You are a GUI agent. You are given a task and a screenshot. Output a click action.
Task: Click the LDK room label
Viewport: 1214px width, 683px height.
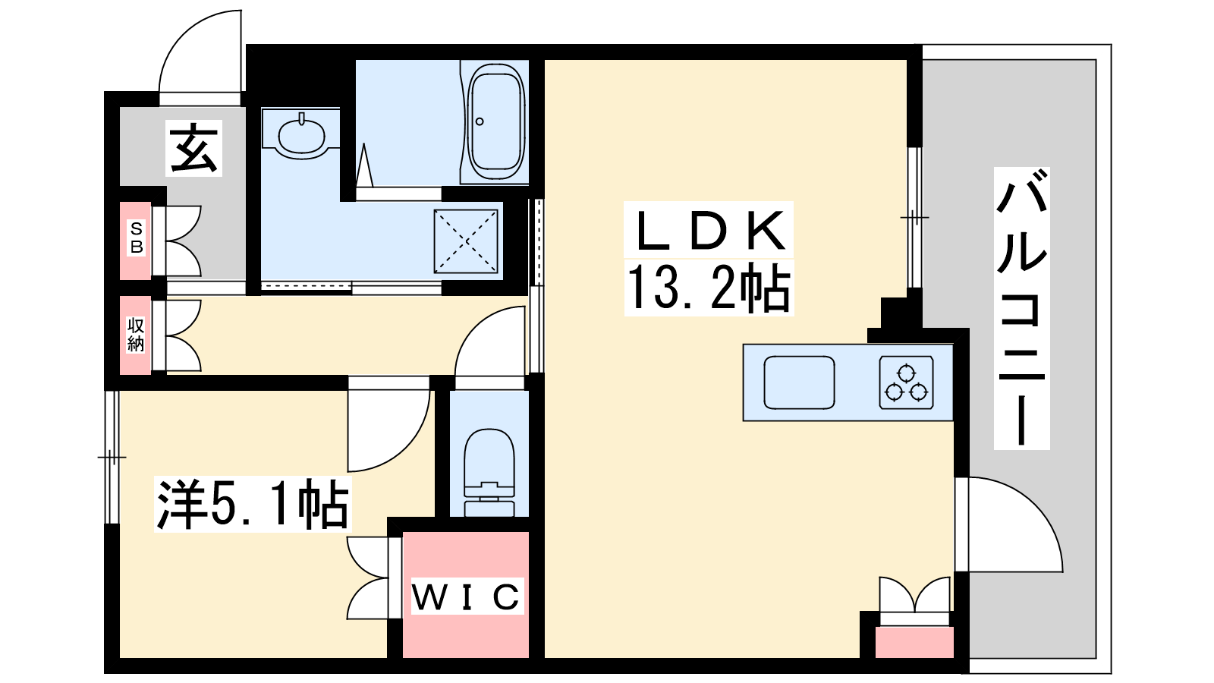click(709, 231)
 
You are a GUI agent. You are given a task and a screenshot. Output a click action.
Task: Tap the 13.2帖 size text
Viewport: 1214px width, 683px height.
click(709, 288)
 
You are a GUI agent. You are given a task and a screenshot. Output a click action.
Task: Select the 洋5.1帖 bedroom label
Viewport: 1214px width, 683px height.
click(253, 504)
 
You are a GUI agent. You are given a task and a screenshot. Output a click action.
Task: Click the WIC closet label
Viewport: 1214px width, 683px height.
click(467, 596)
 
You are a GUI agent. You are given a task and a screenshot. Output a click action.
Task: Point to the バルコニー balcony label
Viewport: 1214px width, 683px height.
click(1021, 308)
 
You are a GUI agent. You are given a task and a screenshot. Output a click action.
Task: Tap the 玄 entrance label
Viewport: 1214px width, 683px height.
click(193, 148)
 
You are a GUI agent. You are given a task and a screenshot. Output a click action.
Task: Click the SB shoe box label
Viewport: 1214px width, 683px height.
click(137, 238)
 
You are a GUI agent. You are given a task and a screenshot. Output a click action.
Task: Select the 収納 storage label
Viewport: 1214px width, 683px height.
click(136, 335)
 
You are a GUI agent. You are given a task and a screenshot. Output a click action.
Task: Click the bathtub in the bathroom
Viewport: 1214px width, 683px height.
click(496, 122)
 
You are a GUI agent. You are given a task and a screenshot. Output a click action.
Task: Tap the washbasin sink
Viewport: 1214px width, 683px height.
click(301, 134)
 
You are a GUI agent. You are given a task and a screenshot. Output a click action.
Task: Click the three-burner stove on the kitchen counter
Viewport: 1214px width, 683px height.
click(906, 382)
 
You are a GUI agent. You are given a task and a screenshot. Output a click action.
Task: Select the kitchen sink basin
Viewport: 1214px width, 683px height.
click(799, 382)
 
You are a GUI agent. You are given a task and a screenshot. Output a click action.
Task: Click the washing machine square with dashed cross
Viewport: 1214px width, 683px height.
click(466, 241)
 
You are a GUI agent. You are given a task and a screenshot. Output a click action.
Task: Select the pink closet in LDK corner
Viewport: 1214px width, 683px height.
click(914, 642)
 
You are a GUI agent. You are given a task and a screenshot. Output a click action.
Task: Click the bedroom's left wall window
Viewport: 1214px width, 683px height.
click(112, 458)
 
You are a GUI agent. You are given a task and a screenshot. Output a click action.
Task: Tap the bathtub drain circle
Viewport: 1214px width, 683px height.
click(479, 121)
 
